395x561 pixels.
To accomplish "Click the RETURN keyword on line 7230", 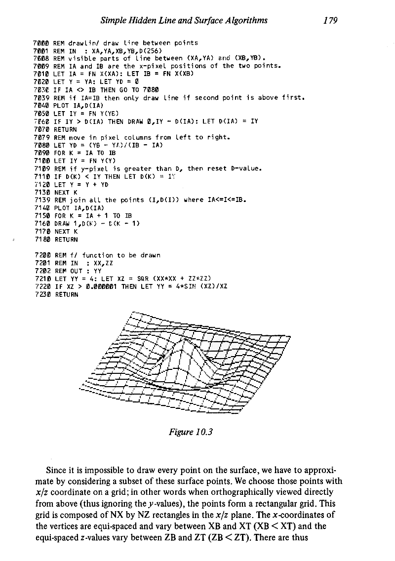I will tap(66, 295).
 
